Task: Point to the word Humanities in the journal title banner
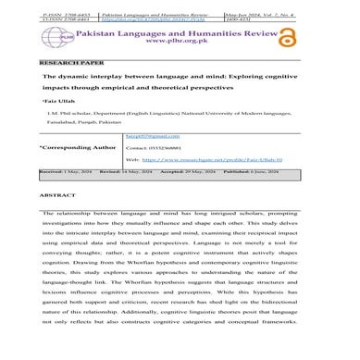(x=226, y=31)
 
